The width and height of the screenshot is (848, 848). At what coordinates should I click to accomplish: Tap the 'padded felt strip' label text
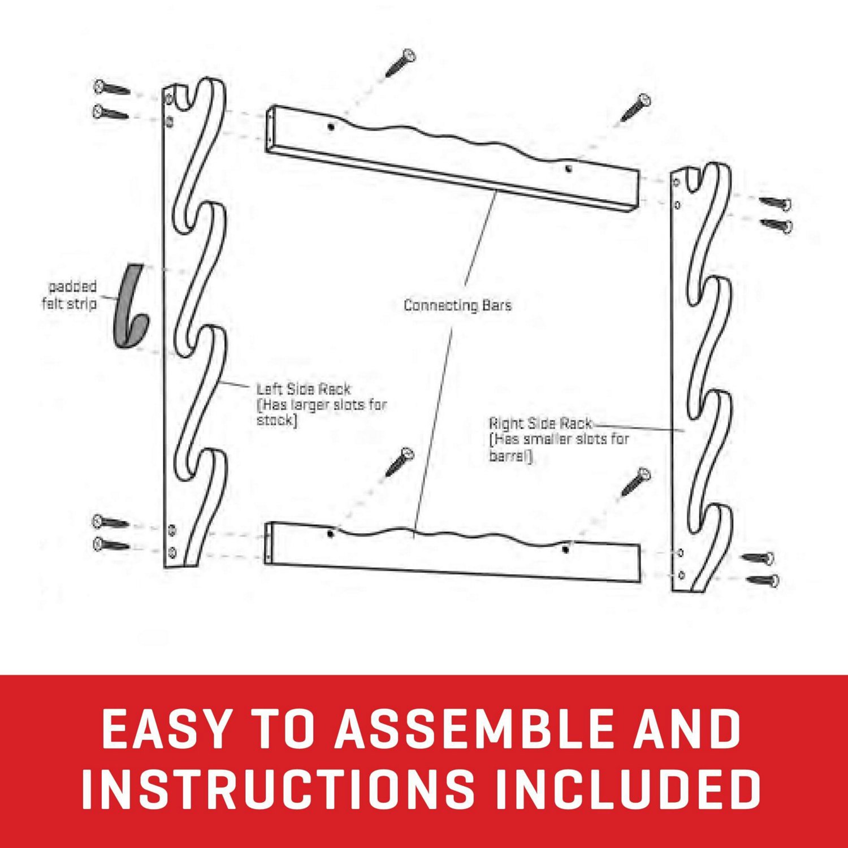70,295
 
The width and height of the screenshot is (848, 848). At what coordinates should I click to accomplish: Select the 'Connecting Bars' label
457,305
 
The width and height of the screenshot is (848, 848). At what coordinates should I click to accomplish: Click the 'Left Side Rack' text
304,389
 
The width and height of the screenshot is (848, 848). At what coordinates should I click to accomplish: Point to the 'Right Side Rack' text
540,423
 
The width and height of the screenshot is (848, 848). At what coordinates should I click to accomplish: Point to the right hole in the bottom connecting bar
565,548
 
